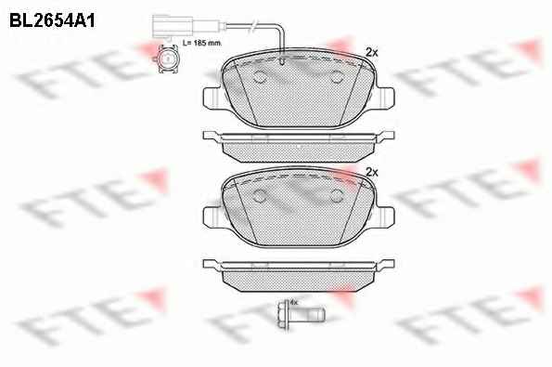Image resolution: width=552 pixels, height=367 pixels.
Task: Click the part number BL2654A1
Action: click(52, 20)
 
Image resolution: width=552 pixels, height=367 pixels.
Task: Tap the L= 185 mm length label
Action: click(202, 43)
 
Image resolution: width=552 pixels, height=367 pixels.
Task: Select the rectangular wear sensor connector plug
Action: click(173, 26)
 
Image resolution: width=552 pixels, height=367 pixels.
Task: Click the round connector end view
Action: click(167, 59)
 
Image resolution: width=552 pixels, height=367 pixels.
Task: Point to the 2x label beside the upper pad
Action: click(372, 53)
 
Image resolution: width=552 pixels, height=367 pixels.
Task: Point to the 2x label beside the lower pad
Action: click(372, 173)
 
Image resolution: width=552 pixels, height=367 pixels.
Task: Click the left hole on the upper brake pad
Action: click(260, 76)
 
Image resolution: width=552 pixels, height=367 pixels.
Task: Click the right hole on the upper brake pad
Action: click(338, 76)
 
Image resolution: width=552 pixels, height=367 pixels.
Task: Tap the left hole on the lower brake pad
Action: click(260, 196)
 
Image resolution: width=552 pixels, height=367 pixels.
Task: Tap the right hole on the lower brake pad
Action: click(338, 196)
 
